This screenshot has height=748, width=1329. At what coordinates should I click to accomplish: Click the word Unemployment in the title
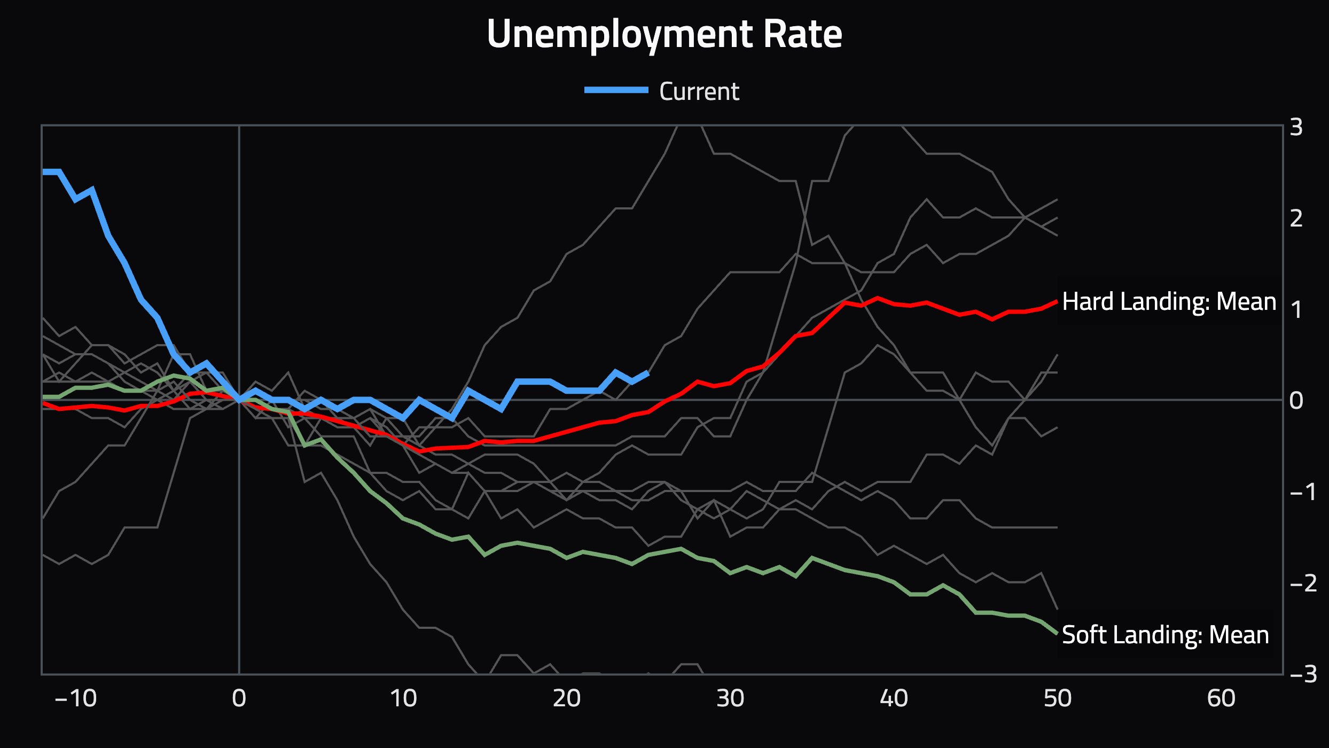(x=619, y=34)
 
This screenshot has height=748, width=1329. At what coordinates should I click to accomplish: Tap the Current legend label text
(x=699, y=91)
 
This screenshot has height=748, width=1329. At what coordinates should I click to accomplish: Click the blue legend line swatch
(x=616, y=90)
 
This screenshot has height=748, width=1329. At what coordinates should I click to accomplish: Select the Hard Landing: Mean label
(x=1169, y=302)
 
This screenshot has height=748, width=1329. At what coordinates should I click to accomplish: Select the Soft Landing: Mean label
(x=1165, y=635)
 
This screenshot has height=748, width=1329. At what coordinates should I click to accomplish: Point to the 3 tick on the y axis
(x=1296, y=127)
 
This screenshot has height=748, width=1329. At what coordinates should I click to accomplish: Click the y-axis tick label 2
(x=1296, y=219)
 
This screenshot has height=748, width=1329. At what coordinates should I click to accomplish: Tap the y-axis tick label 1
(x=1296, y=310)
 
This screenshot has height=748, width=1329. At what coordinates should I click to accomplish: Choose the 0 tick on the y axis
(x=1296, y=401)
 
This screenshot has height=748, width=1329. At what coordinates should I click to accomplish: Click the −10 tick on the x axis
(x=76, y=698)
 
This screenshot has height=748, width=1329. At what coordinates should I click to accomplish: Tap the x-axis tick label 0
(x=239, y=698)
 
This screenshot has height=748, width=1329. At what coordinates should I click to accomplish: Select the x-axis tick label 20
(x=567, y=698)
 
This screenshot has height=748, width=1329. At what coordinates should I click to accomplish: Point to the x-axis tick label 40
(x=894, y=698)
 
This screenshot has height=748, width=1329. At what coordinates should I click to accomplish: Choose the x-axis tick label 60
(x=1221, y=698)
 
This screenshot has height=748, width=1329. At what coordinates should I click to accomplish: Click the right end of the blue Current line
(x=648, y=372)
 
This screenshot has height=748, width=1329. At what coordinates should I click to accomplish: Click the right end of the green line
(x=1057, y=633)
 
